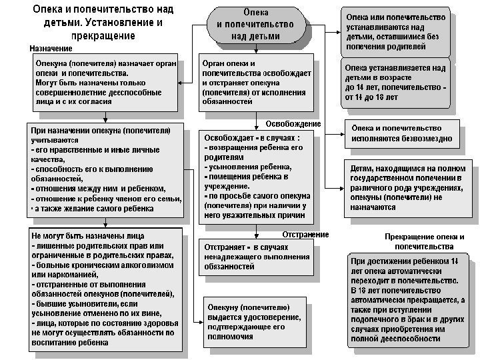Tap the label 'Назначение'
(x=51, y=49)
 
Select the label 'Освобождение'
(x=293, y=124)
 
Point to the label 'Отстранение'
(x=305, y=234)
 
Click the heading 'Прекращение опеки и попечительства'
(x=424, y=241)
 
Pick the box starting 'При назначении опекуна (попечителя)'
(x=104, y=169)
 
